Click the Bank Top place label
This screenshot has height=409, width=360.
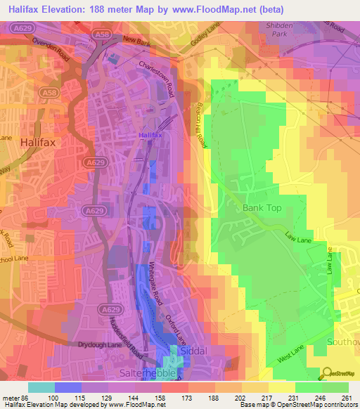[262, 208]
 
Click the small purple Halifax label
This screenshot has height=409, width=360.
[149, 134]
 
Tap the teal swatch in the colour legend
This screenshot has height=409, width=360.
[41, 387]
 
